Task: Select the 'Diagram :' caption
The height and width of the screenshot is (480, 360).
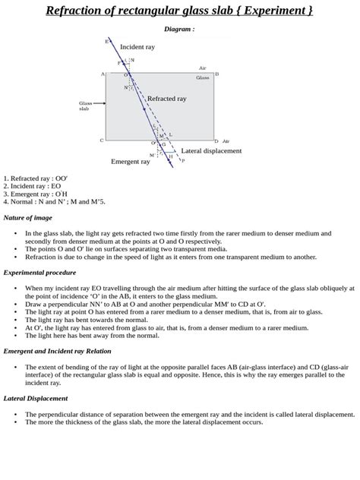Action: pos(179,29)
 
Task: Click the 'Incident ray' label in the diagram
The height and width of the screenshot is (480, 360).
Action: pos(137,47)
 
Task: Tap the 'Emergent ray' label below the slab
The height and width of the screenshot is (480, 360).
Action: pos(130,162)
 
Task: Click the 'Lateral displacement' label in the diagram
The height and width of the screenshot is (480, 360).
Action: pos(211,151)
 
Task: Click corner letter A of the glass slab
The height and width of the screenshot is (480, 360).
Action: pos(103,74)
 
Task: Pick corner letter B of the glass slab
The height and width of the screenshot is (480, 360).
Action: pos(216,74)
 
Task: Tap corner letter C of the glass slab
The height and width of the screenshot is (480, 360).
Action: pos(102,141)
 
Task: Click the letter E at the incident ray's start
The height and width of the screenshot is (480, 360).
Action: pos(106,40)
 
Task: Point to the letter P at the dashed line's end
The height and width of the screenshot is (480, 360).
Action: pos(182,161)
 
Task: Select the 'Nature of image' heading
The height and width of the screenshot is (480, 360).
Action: pos(29,217)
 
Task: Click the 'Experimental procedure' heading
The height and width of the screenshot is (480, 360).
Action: pos(40,272)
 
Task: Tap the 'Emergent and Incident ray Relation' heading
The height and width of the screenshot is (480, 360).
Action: pos(57,351)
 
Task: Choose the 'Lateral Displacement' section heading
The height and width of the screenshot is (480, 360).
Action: pos(36,398)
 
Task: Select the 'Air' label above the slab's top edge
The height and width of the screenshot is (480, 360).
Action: pos(202,68)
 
